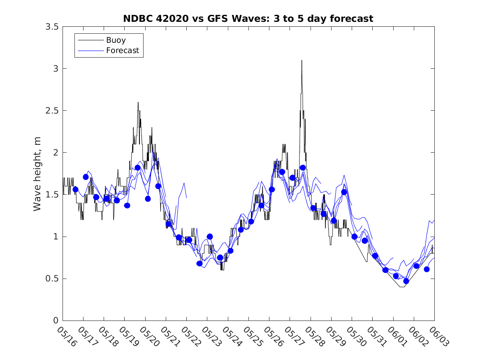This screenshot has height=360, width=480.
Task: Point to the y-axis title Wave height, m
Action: click(x=37, y=174)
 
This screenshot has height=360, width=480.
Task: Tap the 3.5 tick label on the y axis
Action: click(x=52, y=27)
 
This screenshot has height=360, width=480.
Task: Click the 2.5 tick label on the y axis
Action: click(x=52, y=111)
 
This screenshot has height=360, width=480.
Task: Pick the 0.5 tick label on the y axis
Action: click(x=52, y=279)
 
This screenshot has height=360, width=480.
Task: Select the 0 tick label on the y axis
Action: click(x=56, y=321)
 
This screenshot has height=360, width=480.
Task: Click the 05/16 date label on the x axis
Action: click(x=67, y=337)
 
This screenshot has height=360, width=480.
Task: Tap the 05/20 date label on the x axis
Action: click(x=149, y=337)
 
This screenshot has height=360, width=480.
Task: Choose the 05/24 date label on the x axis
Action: click(x=232, y=337)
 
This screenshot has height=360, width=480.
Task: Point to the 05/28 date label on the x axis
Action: click(x=315, y=337)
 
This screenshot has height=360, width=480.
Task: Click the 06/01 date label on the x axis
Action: click(x=397, y=337)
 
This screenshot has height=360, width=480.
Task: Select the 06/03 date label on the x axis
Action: click(x=439, y=337)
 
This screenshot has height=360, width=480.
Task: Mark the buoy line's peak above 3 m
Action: click(x=302, y=60)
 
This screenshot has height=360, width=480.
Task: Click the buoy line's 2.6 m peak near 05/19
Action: click(x=138, y=102)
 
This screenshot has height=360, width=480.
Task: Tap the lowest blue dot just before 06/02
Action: click(x=406, y=281)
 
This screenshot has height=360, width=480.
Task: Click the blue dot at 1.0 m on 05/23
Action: click(x=210, y=237)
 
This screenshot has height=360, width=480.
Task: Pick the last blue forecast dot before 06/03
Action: click(x=427, y=269)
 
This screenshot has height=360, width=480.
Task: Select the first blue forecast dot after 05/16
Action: click(x=75, y=190)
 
